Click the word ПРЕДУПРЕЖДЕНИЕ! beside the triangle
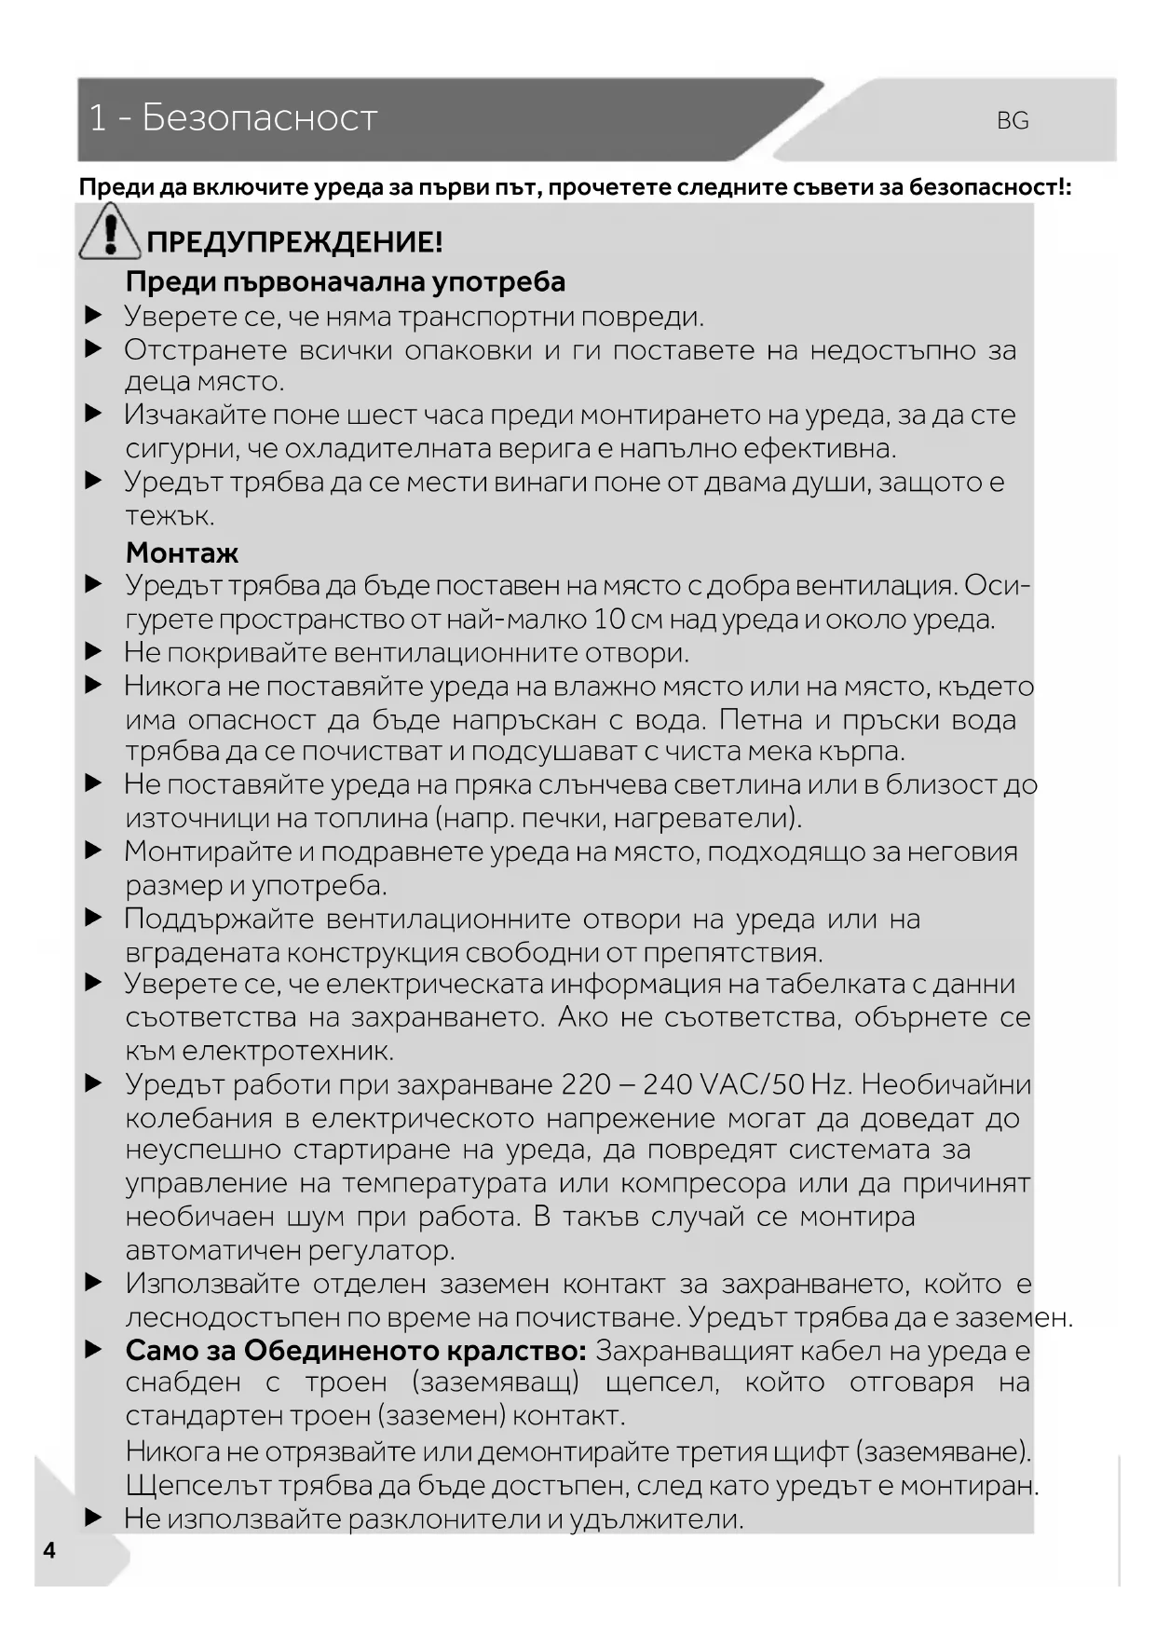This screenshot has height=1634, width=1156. (x=294, y=242)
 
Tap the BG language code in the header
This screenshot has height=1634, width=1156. (x=1013, y=121)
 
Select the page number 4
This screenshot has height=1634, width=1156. (x=49, y=1550)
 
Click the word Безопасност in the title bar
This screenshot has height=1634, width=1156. (x=259, y=118)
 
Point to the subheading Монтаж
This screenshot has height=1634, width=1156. (x=182, y=552)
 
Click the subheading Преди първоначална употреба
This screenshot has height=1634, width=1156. (x=346, y=281)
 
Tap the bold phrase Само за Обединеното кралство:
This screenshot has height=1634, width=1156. (x=356, y=1350)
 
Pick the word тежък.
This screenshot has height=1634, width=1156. (x=170, y=516)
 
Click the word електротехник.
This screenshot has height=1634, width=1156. (x=288, y=1051)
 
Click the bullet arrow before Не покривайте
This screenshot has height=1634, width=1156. (x=93, y=652)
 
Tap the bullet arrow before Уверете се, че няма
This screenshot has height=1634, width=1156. (x=93, y=317)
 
